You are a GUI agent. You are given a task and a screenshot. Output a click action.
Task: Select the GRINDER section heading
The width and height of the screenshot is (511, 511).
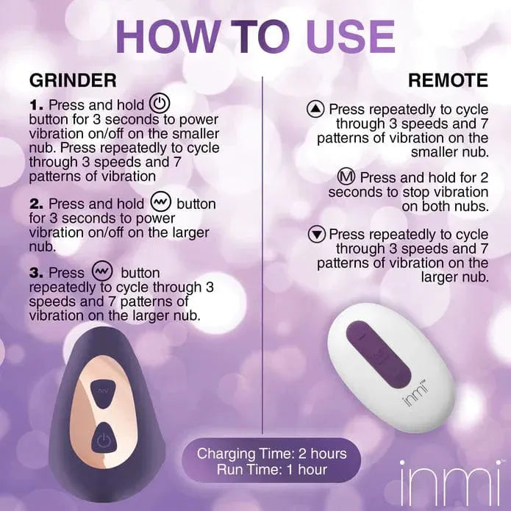[x=73, y=80]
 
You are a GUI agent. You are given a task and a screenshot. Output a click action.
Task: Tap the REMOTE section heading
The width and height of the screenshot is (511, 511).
[x=448, y=80]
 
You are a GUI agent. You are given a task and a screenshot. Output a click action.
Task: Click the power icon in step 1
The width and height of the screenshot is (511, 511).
[x=159, y=104]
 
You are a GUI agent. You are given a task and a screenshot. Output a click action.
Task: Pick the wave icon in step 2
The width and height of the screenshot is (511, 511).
[x=160, y=202]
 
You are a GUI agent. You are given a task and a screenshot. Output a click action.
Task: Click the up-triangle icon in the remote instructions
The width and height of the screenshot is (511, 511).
[x=315, y=109]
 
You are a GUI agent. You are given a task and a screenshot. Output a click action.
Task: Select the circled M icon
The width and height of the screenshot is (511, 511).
[x=346, y=176]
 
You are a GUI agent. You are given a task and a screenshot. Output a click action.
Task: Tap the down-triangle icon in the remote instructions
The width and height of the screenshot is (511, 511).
[x=317, y=235]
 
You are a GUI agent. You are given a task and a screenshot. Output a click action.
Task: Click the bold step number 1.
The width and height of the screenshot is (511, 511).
[x=36, y=106]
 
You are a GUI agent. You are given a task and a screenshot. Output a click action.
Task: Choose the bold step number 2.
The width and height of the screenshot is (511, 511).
[x=37, y=204]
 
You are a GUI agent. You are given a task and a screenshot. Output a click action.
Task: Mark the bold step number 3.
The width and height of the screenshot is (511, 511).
[x=37, y=273]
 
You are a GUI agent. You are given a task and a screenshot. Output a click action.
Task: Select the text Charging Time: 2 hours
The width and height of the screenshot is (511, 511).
[x=271, y=454]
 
